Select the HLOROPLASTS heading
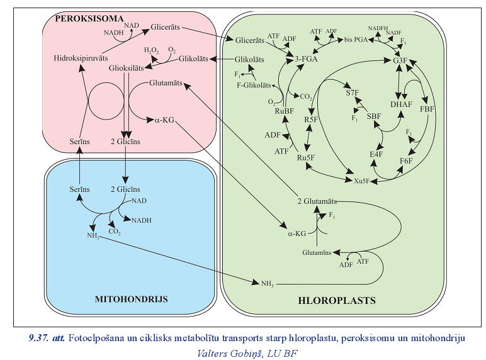[x=336, y=301]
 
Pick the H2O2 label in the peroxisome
[x=151, y=50]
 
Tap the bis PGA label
[x=356, y=40]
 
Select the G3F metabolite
[x=400, y=60]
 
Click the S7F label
[x=352, y=93]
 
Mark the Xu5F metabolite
[x=362, y=181]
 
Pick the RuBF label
[x=281, y=111]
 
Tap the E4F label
[x=376, y=154]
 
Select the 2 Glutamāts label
[x=317, y=201]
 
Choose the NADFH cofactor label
[x=377, y=28]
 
